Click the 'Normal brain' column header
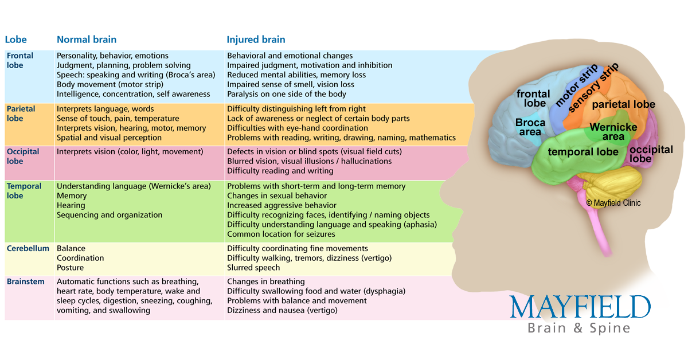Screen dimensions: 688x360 87,40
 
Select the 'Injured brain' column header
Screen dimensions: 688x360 256,40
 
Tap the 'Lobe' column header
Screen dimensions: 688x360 15,40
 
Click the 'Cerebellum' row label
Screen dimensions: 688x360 28,248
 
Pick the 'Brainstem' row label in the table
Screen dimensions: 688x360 25,281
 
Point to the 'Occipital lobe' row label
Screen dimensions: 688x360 23,156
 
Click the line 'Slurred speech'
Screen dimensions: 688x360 253,268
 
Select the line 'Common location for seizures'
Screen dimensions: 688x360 281,234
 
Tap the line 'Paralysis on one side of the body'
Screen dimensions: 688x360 287,94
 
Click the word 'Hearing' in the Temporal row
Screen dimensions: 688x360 71,205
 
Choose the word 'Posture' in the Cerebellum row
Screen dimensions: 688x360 70,268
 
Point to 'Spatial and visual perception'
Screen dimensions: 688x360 109,138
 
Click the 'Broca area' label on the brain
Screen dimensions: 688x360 530,127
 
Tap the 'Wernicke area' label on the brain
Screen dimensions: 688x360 613,132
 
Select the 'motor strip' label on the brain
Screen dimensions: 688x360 577,85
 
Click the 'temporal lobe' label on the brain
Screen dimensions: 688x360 583,152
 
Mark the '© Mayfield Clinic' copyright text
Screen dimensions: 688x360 613,203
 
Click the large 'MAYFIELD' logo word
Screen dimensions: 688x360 580,307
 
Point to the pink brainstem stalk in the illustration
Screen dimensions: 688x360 599,230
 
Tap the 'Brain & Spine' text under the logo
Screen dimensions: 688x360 579,328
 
